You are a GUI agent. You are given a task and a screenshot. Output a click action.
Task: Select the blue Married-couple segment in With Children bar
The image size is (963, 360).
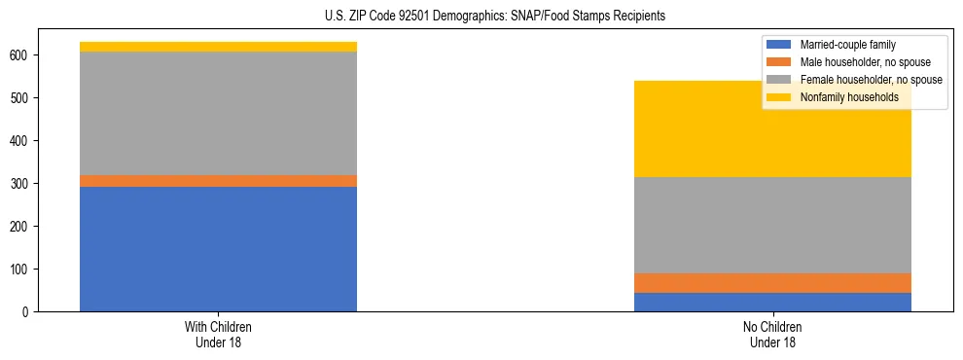point(218,249)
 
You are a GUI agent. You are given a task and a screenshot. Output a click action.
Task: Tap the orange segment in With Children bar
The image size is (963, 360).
point(218,181)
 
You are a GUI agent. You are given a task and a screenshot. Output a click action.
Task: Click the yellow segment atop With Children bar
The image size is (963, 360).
point(218,47)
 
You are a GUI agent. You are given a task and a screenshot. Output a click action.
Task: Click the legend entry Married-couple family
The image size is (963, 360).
point(847,45)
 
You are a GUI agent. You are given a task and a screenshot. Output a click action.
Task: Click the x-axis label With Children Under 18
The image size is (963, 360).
point(218,335)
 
